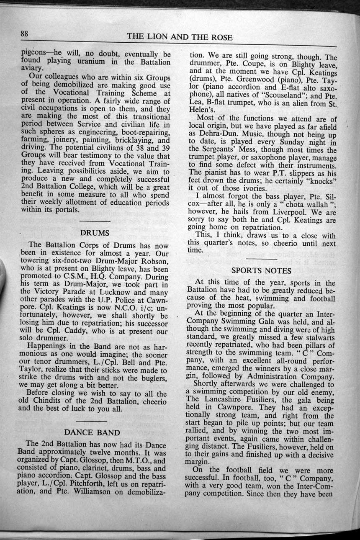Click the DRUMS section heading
click(95, 232)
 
